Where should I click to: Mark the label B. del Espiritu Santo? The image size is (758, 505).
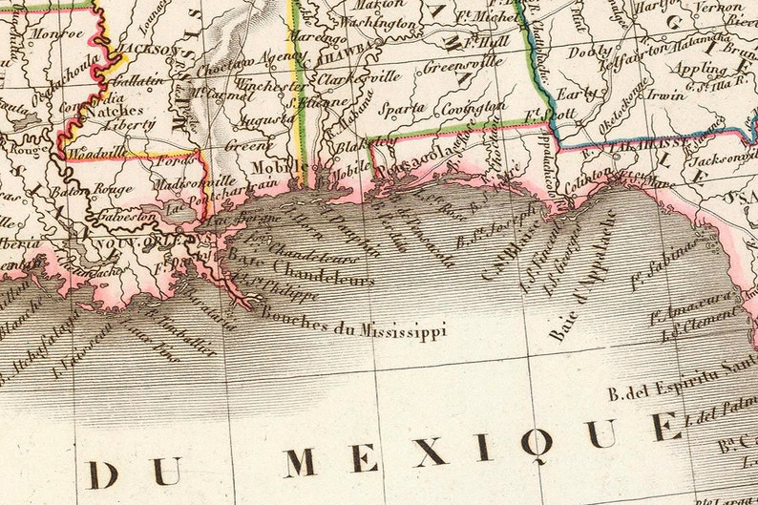[x=680, y=392]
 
